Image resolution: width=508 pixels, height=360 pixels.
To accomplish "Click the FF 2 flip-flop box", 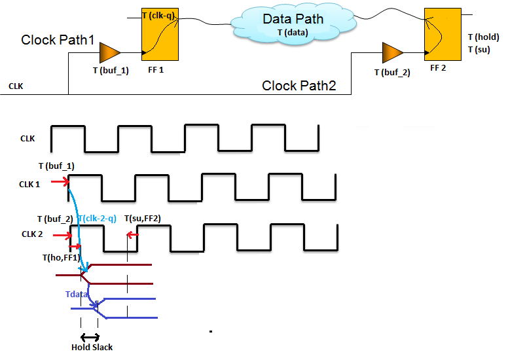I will pos(439,33).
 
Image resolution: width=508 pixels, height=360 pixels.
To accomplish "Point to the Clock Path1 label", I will pos(58,40).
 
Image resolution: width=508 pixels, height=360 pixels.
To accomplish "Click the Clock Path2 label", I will pos(299,86).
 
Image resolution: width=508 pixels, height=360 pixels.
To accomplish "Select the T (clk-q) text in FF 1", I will pos(160,14).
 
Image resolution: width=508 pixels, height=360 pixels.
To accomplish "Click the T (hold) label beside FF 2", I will pos(483,37).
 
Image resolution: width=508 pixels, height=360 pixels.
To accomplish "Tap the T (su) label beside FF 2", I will pos(479,50).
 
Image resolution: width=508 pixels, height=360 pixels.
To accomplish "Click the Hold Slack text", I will pos(92,348).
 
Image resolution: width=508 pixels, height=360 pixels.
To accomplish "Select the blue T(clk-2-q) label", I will pos(97,219).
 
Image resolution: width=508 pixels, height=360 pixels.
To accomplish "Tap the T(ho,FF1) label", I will pos(62,258).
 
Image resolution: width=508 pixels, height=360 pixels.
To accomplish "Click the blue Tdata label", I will pos(77,295).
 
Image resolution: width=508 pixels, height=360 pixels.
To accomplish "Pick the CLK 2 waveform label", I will pos(33,234).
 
